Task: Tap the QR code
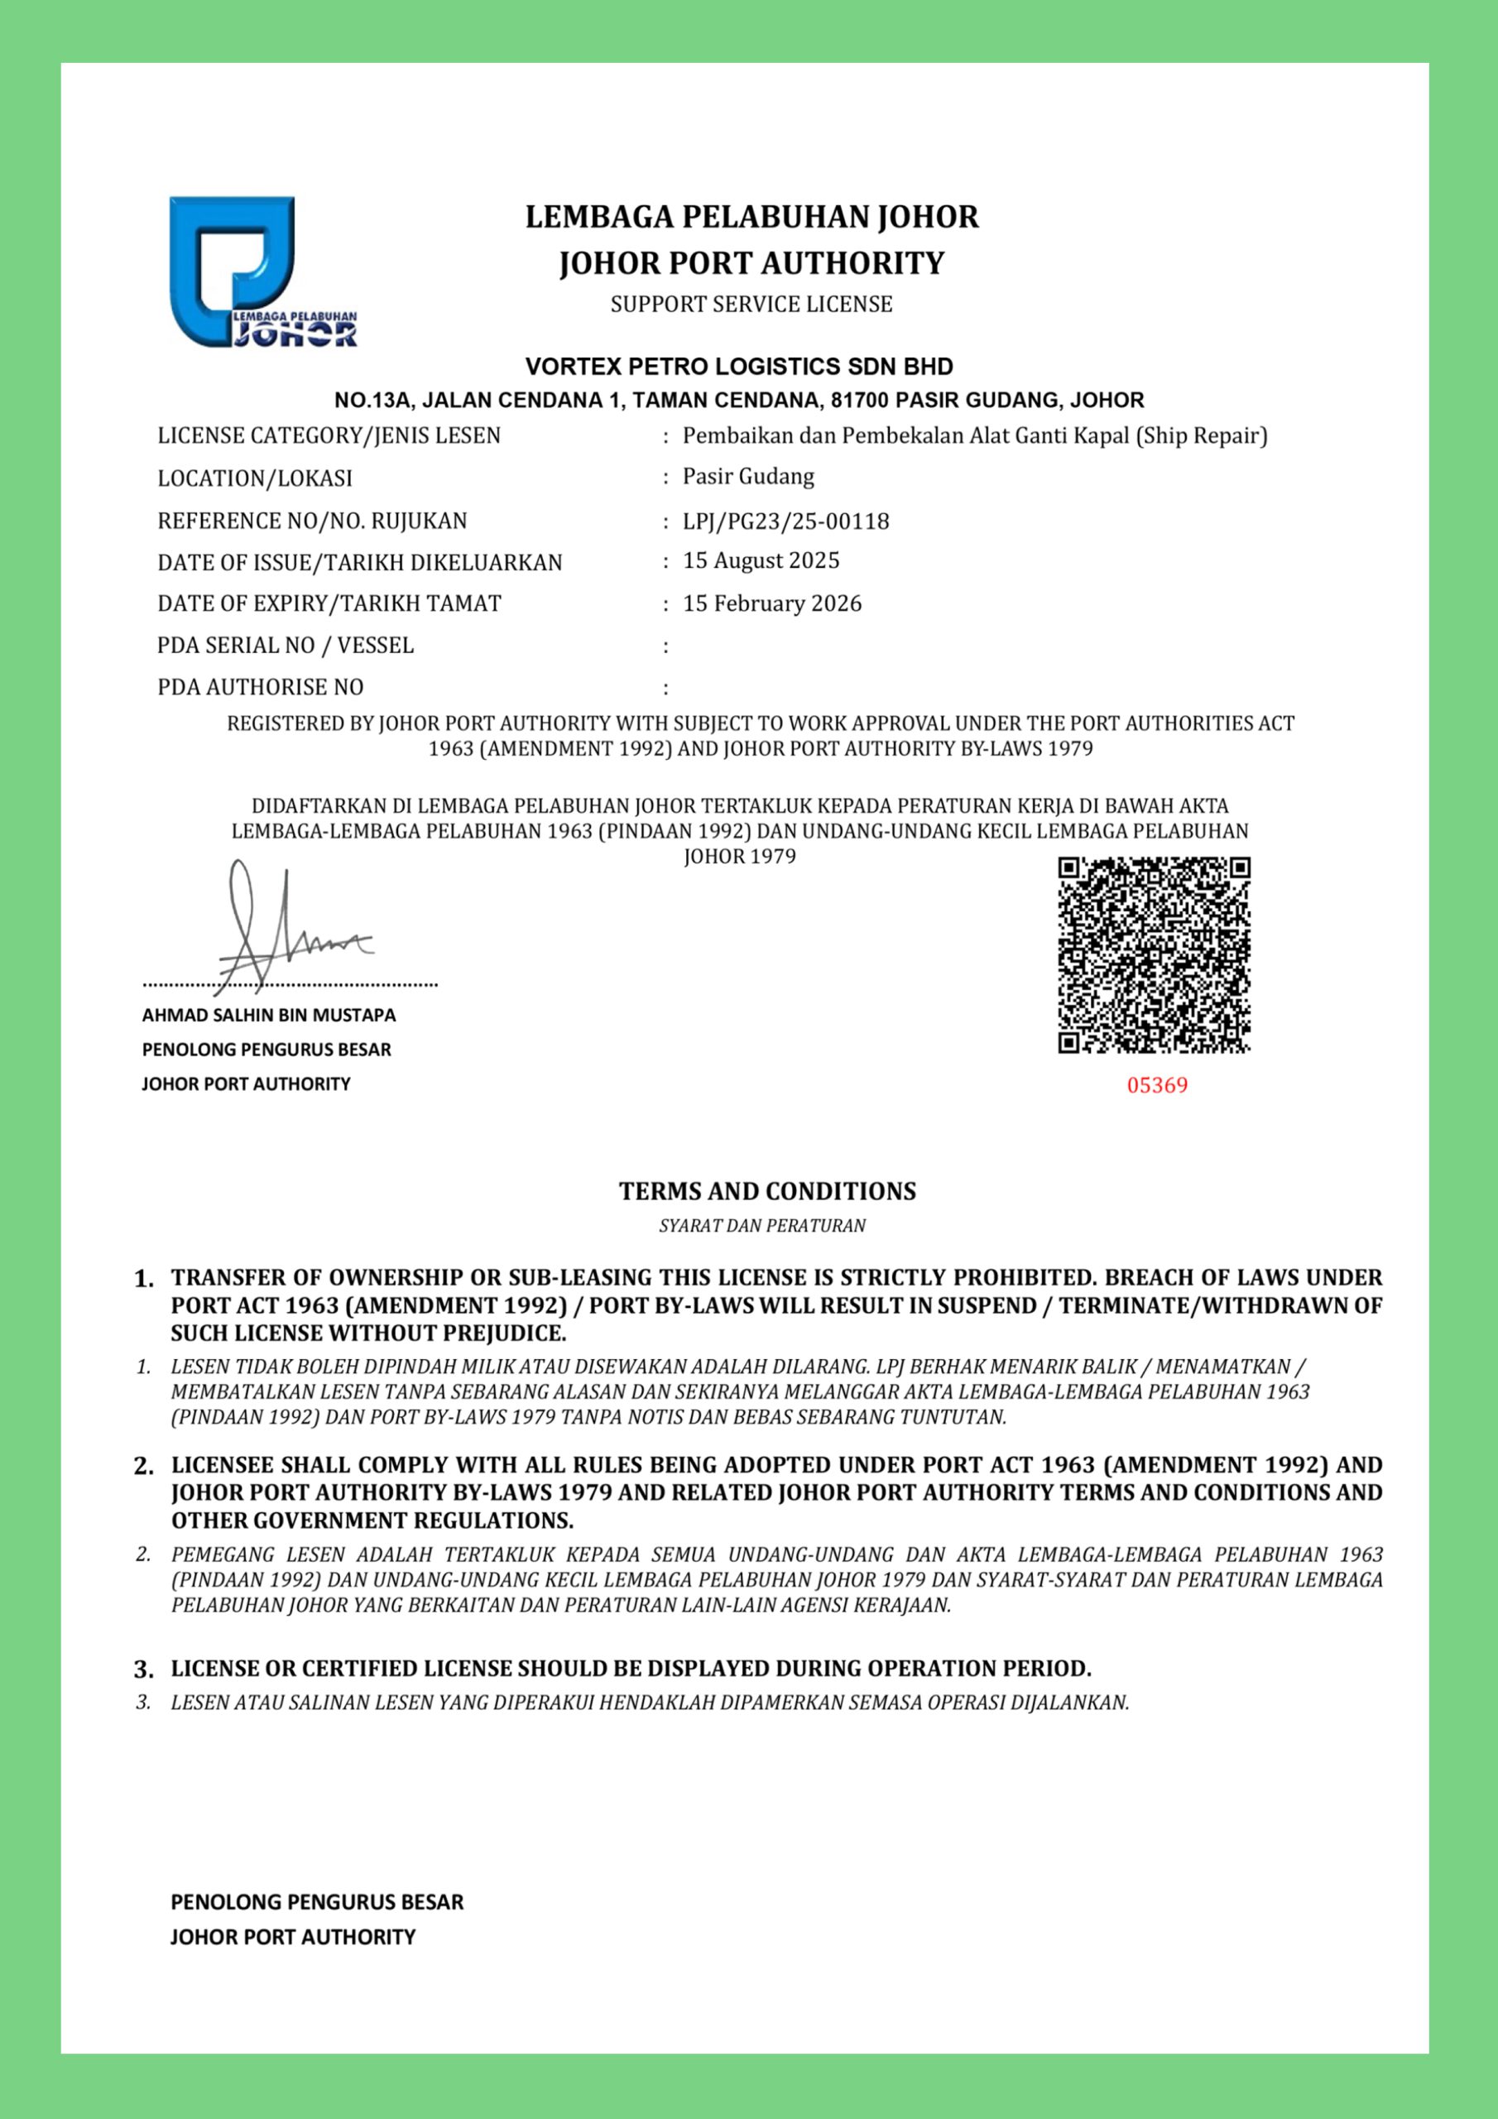click(x=1154, y=954)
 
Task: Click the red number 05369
click(x=1156, y=1085)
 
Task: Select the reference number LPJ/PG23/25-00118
click(x=785, y=521)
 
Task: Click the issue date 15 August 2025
click(x=761, y=561)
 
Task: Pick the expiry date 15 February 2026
click(x=771, y=603)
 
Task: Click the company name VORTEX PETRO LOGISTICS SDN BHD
click(x=738, y=367)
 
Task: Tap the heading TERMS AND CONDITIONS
click(x=767, y=1191)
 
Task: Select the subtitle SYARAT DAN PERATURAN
click(x=762, y=1227)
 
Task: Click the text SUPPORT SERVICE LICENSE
click(x=751, y=305)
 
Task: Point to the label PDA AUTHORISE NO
click(x=260, y=688)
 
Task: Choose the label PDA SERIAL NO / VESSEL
click(x=286, y=645)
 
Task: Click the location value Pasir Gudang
click(x=747, y=477)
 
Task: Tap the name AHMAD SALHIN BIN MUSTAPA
click(x=269, y=1015)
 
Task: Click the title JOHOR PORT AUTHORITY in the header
click(x=751, y=263)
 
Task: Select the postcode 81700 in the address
click(x=857, y=401)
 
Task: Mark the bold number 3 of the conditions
click(x=143, y=1670)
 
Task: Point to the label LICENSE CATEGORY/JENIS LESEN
click(x=329, y=435)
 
